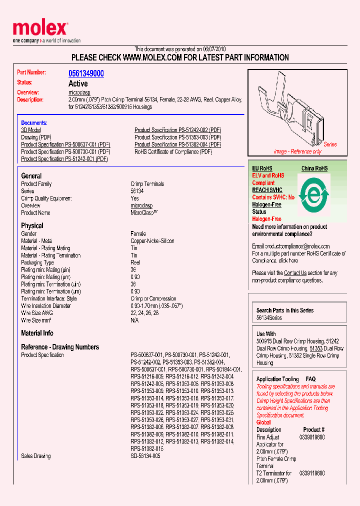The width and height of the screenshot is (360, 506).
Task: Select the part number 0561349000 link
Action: click(86, 73)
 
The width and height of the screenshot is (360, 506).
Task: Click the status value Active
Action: click(78, 83)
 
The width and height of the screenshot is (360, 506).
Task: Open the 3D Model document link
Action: click(31, 130)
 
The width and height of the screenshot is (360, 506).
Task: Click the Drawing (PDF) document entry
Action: click(36, 137)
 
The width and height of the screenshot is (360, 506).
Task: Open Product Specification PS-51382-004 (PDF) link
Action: click(177, 144)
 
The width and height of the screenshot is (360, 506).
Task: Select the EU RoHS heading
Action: click(262, 168)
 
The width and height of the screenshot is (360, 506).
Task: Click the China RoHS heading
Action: click(314, 168)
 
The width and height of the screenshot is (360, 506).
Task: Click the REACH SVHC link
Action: click(267, 190)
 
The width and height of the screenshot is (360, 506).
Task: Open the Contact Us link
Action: click(295, 273)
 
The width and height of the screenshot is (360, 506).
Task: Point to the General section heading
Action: click(31, 176)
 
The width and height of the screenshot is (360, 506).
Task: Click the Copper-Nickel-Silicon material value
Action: click(152, 241)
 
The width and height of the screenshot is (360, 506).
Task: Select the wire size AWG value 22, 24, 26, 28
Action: click(145, 313)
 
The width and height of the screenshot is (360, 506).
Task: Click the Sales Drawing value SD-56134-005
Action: click(145, 456)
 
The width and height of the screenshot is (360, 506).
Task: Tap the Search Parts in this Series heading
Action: click(285, 310)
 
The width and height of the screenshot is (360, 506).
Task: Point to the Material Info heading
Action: click(37, 333)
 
